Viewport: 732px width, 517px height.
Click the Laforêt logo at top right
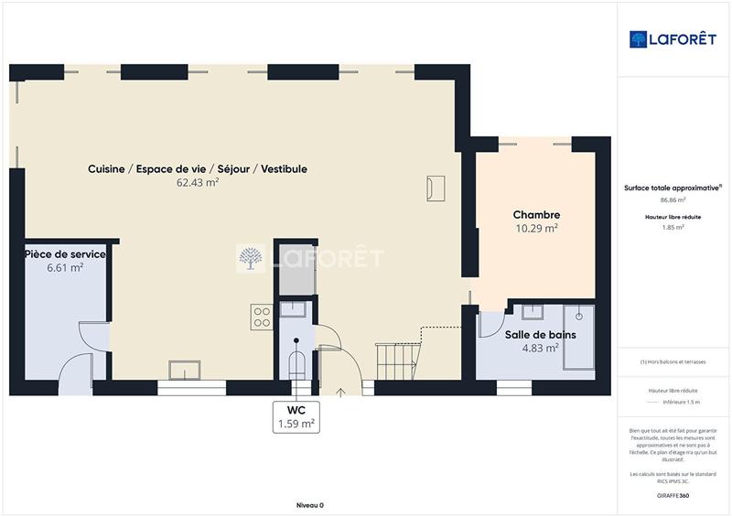point(673,39)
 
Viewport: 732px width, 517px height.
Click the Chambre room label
point(535,215)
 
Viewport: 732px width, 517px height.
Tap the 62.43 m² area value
point(197,182)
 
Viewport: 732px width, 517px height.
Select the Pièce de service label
point(65,253)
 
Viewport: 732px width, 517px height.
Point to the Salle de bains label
point(540,335)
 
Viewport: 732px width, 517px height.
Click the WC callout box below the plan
point(296,416)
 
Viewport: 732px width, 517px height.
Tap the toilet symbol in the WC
point(296,363)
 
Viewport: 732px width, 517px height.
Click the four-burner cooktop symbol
point(262,317)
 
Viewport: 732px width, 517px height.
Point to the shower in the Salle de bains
point(579,341)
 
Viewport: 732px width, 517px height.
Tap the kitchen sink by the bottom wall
point(186,369)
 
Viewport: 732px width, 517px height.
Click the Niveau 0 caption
point(310,505)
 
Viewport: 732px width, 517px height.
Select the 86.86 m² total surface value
point(673,199)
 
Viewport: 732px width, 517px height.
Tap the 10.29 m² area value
point(535,229)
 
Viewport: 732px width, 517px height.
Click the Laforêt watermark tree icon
point(250,259)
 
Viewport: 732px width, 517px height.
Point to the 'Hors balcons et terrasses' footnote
point(673,362)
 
